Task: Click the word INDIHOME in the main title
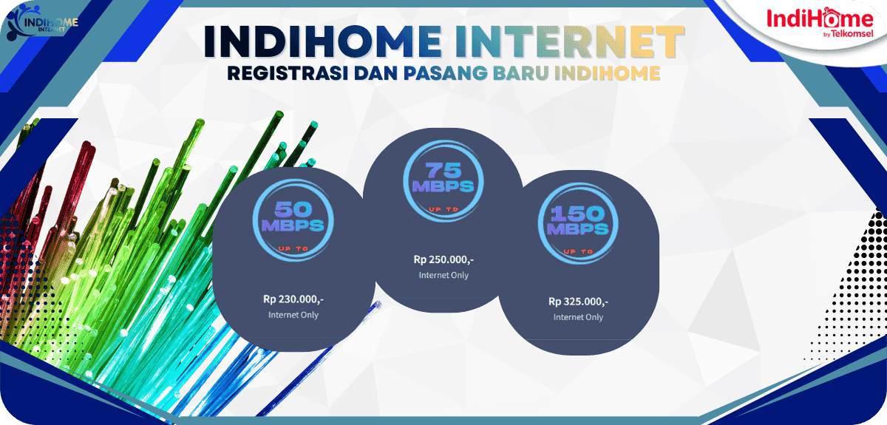310,43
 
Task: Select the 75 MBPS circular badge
443,181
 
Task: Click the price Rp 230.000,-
293,299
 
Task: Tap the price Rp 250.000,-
443,259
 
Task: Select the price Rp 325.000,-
578,302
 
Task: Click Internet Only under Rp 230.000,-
293,315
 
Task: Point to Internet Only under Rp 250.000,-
443,275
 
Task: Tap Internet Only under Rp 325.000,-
578,317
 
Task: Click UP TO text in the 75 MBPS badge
443,210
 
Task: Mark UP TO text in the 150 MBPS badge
579,251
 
